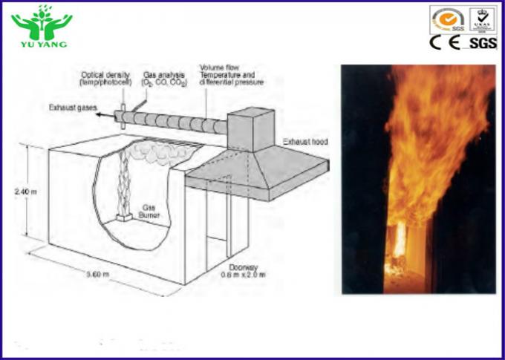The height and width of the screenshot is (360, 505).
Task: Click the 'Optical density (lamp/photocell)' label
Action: pos(106,78)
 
